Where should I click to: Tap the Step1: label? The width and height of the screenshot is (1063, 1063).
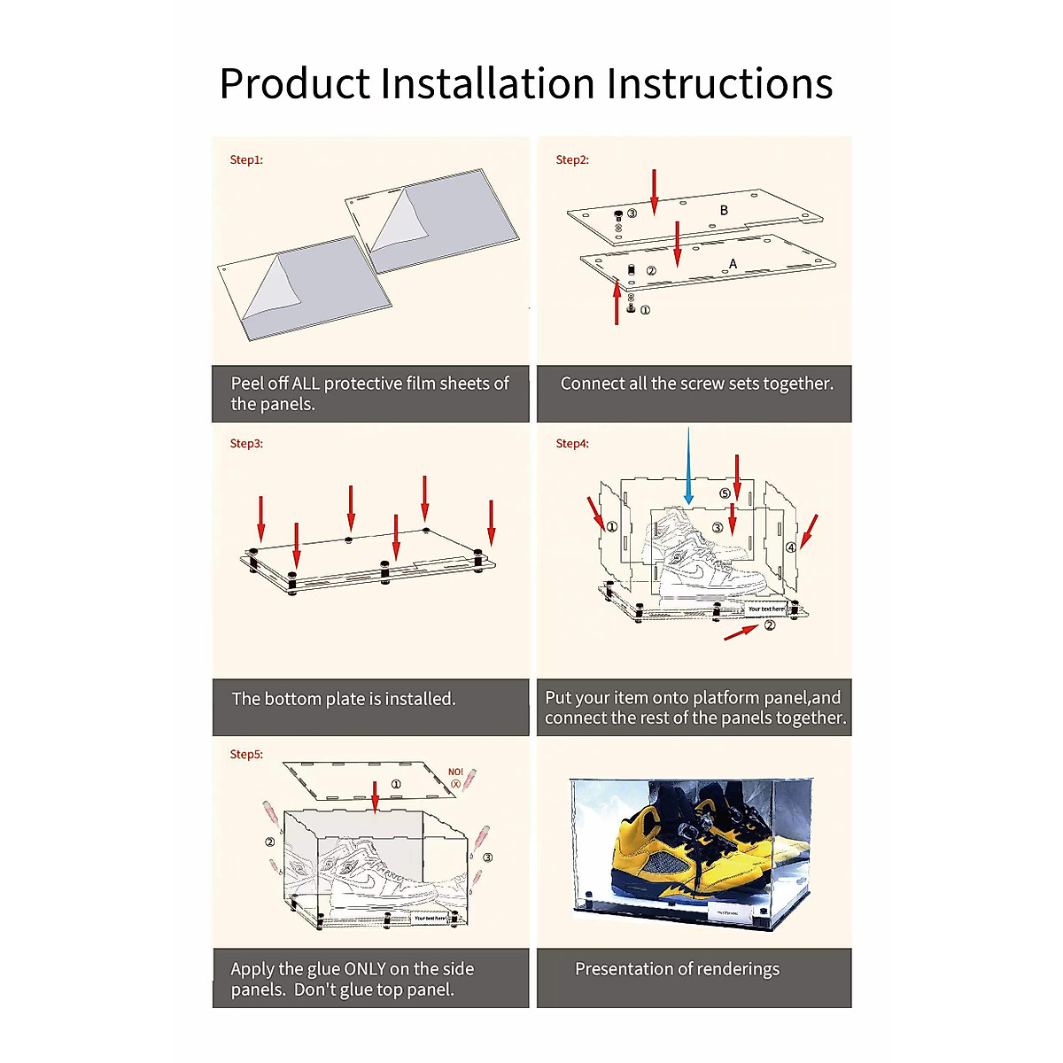(246, 160)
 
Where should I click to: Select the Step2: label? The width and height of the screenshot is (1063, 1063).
(572, 160)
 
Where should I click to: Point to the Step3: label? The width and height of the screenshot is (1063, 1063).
(246, 444)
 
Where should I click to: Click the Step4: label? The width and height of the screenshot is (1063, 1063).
(572, 444)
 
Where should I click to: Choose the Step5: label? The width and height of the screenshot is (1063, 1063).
(246, 755)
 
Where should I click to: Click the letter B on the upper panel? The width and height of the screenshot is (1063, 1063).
(724, 211)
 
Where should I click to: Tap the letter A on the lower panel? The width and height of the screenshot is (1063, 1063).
(733, 264)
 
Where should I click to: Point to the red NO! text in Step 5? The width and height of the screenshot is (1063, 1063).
(455, 772)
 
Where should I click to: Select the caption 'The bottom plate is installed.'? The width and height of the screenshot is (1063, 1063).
(344, 699)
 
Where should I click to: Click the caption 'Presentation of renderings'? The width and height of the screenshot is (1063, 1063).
(678, 969)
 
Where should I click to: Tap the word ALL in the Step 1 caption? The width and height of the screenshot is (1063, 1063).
(305, 384)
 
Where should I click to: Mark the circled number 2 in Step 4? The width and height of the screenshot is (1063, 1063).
(770, 625)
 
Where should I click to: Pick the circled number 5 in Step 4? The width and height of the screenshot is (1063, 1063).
(725, 493)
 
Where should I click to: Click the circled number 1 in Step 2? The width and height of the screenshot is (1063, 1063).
(645, 310)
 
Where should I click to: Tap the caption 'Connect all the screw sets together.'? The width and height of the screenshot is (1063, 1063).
(697, 384)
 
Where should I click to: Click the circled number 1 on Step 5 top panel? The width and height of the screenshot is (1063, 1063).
(396, 784)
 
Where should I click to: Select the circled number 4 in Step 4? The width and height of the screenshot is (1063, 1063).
(791, 547)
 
